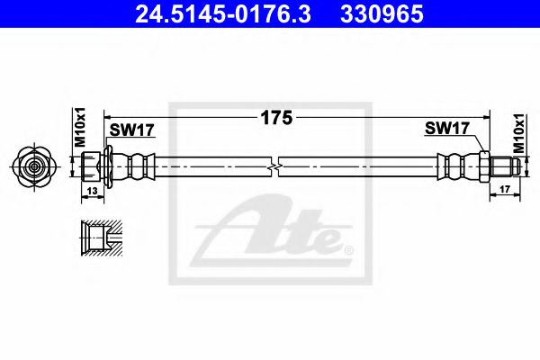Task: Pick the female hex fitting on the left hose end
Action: (92, 166)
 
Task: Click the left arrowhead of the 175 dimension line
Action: (111, 117)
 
